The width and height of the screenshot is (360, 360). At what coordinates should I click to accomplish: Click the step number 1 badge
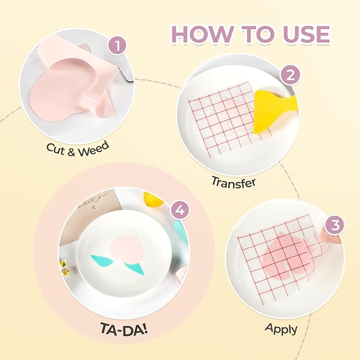117,46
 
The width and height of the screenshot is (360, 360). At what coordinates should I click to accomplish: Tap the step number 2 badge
290,75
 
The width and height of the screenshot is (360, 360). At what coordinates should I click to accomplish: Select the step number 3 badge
335,225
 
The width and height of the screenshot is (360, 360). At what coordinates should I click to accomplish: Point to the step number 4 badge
180,210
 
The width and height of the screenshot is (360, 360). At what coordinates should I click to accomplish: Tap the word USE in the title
307,34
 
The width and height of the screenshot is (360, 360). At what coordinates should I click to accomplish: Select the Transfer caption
233,182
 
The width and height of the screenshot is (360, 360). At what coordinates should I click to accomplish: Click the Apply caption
281,329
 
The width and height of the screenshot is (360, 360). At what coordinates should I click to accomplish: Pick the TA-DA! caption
124,329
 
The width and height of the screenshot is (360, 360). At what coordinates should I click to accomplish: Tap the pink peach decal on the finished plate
126,247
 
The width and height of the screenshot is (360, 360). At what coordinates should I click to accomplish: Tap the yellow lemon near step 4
153,199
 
